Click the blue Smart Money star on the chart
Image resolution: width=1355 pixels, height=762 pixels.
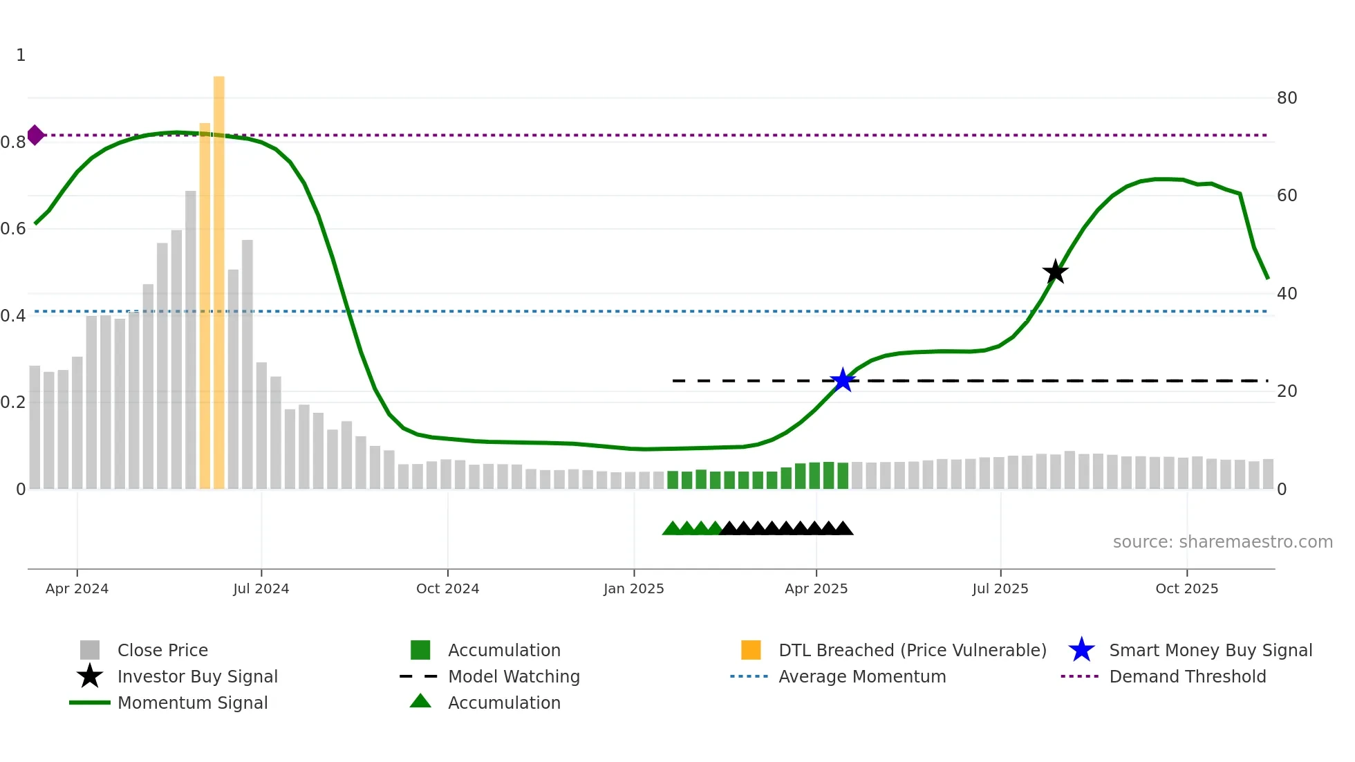coord(842,380)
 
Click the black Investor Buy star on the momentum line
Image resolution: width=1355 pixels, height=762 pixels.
coord(1055,272)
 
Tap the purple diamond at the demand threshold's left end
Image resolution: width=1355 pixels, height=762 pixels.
coord(35,135)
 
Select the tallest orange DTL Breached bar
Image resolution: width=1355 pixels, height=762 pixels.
coord(218,282)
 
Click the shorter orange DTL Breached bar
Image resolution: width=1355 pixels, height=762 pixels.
coord(205,306)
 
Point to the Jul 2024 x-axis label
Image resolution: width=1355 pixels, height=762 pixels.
coord(261,588)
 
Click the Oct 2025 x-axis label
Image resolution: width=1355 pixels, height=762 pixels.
coord(1186,588)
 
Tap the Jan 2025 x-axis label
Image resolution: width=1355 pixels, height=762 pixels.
coord(633,588)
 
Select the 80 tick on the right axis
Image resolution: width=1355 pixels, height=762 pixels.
coord(1287,98)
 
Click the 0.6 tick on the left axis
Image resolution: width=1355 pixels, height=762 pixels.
coord(13,229)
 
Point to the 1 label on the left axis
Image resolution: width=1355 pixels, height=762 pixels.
coord(21,55)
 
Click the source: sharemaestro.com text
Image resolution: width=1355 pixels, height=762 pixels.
coord(1222,542)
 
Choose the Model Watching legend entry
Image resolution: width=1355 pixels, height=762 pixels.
coord(514,676)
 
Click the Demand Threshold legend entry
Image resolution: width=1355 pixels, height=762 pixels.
coord(1187,676)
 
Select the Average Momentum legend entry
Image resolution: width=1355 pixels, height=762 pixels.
coord(861,676)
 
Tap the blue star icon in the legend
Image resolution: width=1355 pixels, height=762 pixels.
coord(1081,650)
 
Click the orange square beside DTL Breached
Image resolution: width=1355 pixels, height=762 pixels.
coord(751,650)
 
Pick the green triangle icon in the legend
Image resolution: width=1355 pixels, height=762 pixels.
coord(420,702)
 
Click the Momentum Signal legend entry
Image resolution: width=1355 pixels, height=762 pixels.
coord(192,703)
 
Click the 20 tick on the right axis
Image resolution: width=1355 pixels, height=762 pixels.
coord(1287,391)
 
